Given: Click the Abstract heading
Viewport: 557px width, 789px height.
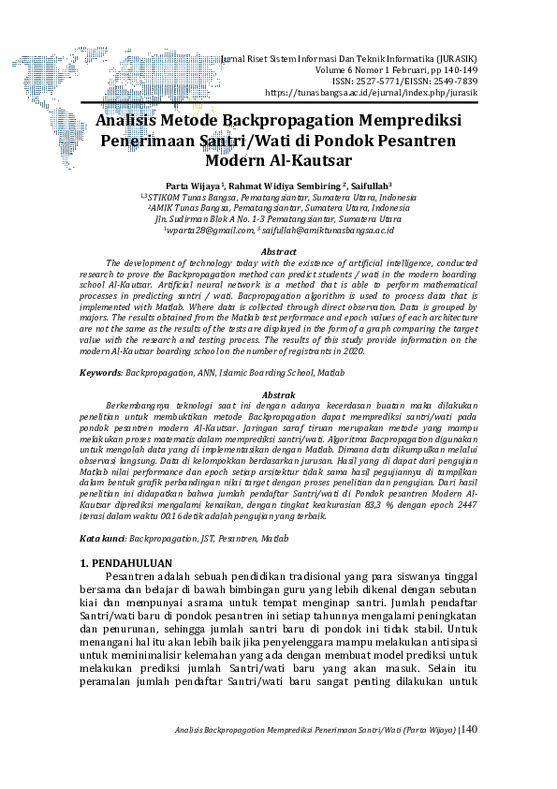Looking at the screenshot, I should pos(278,252).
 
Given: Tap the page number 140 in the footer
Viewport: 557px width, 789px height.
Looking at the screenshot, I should pos(469,728).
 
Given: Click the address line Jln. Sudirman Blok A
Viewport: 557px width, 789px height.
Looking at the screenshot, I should pos(278,218).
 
